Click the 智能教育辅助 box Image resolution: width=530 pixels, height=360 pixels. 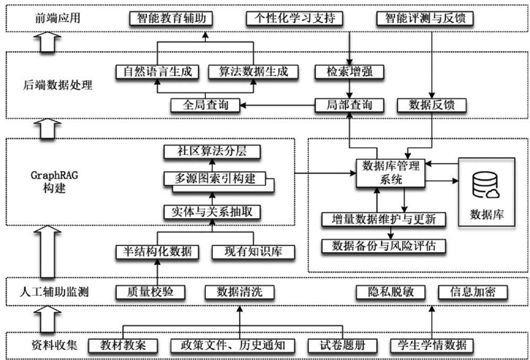point(171,19)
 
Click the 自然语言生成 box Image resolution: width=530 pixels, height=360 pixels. point(157,72)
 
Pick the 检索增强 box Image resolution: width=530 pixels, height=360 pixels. point(349,72)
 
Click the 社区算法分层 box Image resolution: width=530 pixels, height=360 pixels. point(212,152)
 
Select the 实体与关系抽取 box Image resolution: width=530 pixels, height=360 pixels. point(212,212)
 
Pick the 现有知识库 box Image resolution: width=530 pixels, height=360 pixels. point(253,251)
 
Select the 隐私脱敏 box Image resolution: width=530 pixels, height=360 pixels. point(390,292)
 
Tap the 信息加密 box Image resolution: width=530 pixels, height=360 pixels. point(472,292)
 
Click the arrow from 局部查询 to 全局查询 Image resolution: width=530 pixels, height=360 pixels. point(276,105)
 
